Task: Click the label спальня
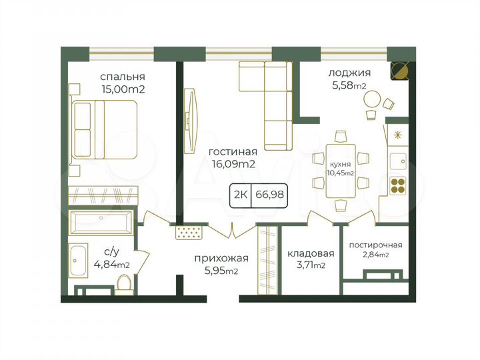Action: click(123, 76)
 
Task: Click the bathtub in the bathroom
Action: click(102, 219)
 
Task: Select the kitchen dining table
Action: click(340, 171)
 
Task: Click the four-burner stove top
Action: click(398, 185)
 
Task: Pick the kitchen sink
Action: click(399, 160)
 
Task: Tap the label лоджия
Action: click(349, 73)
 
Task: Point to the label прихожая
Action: click(221, 259)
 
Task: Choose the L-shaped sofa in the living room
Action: click(270, 100)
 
